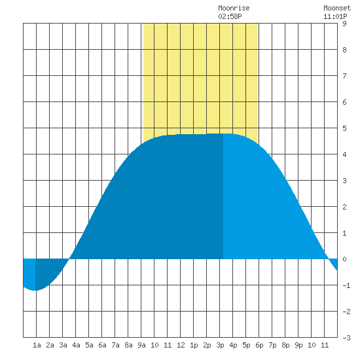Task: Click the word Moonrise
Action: (234, 8)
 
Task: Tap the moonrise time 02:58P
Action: (230, 16)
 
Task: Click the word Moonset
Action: (337, 8)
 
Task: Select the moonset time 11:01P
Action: (335, 16)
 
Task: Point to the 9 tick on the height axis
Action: (344, 24)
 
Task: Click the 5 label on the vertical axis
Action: (344, 128)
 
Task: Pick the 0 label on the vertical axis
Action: (344, 259)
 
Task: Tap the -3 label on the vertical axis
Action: (346, 338)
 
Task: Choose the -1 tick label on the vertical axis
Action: (346, 285)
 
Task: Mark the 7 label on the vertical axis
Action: (344, 76)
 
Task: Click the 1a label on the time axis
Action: (37, 345)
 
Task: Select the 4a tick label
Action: (76, 345)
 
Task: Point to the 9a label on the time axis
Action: (141, 345)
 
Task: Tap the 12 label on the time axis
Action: (181, 345)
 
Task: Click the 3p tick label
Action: (220, 345)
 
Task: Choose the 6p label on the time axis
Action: (259, 345)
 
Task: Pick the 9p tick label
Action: (298, 345)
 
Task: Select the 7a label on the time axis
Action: (115, 345)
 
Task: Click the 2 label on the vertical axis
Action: (344, 207)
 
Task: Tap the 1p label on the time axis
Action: (194, 345)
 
